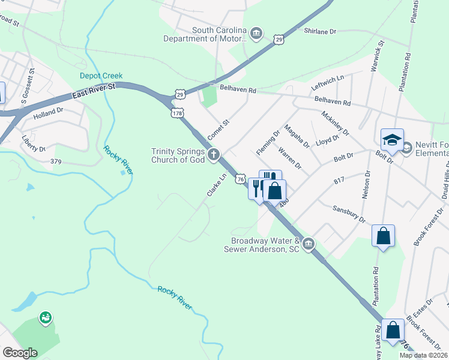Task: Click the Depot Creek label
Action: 101,76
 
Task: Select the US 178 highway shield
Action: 176,113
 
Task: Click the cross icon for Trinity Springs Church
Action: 213,155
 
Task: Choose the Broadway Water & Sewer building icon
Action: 309,244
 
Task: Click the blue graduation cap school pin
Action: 392,140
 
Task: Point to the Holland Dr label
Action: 48,112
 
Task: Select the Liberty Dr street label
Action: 34,148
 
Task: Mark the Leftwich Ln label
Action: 328,83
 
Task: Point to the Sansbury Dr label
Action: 349,215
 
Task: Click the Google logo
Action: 20,352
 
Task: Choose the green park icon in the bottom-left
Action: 45,317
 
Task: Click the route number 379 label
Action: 56,161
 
